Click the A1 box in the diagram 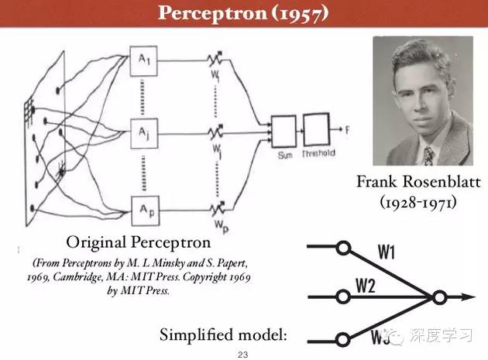(x=145, y=61)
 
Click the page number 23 (x=244, y=353)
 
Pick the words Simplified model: (x=223, y=335)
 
